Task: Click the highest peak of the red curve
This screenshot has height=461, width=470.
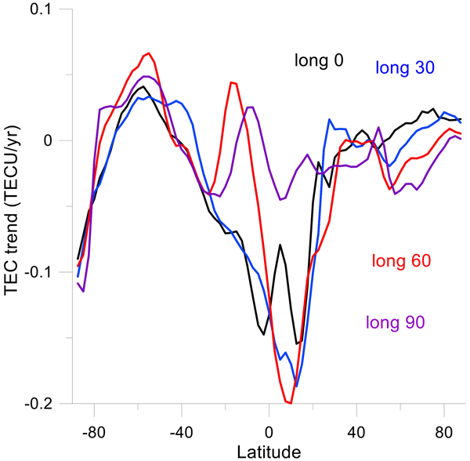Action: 148,53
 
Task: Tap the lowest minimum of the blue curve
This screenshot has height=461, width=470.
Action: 296,386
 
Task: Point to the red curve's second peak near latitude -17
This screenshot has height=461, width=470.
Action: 231,82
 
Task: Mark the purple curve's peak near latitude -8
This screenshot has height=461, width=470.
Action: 250,107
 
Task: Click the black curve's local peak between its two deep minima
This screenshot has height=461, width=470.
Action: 280,245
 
